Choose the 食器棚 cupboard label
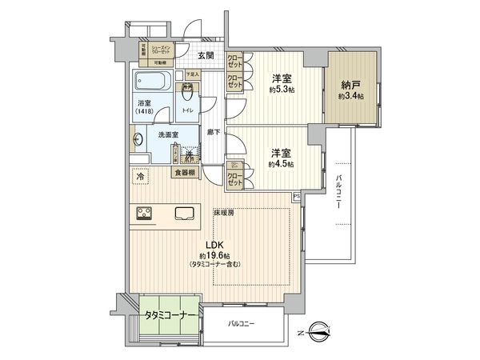183,170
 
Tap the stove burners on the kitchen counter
146,214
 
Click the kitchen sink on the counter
182,214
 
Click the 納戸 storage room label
350,84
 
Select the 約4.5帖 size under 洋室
280,163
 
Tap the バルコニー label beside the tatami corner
240,324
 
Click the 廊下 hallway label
214,132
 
